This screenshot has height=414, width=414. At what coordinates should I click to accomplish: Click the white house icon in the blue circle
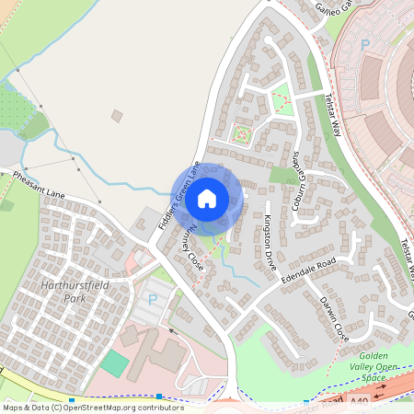click(207, 197)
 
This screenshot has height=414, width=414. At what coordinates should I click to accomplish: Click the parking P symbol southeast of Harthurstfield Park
click(153, 299)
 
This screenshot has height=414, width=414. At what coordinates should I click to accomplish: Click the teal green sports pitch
click(115, 362)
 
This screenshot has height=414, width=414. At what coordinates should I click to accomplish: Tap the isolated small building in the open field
click(116, 115)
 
